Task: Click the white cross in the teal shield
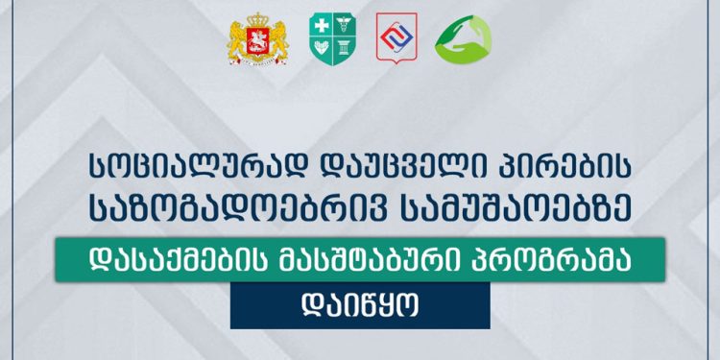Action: pos(320,29)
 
